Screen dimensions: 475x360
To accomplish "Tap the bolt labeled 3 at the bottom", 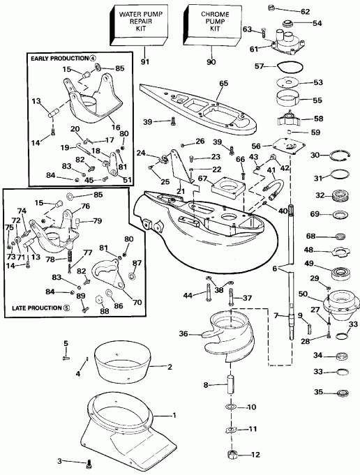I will point(89,462).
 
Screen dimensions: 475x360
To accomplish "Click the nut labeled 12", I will point(232,457).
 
